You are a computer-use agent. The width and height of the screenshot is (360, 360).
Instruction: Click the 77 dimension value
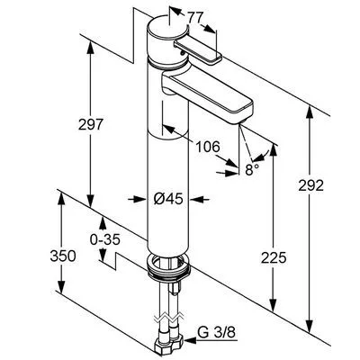195,18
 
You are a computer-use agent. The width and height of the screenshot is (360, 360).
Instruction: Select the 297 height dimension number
91,124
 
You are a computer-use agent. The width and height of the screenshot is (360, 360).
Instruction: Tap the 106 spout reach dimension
208,147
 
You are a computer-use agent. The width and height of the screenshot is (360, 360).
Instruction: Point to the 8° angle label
252,170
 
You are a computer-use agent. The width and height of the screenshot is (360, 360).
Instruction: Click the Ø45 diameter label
168,199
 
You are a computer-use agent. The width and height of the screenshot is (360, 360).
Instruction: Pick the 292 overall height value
311,185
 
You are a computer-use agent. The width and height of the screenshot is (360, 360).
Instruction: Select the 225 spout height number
274,257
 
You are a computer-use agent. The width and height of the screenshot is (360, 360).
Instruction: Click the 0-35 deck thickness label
105,239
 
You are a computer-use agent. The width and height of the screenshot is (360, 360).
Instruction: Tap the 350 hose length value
63,256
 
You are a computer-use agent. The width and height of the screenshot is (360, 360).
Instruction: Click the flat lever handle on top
197,51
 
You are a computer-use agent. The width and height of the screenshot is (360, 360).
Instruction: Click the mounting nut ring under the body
169,265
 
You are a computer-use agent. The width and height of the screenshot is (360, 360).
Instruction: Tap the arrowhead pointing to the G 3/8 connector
191,340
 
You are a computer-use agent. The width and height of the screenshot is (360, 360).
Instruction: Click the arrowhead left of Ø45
140,199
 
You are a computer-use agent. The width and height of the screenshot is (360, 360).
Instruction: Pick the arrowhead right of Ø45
196,199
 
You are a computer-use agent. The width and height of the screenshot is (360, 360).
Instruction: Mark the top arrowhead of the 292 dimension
310,112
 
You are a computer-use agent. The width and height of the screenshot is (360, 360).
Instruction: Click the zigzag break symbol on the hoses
169,318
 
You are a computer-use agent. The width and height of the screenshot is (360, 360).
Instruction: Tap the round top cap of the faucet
167,37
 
